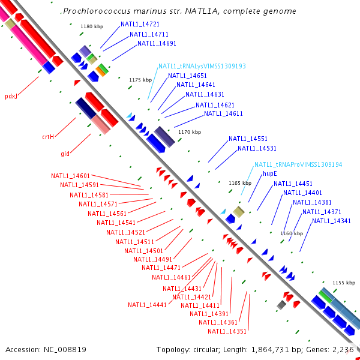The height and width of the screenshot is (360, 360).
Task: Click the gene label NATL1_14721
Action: (140, 25)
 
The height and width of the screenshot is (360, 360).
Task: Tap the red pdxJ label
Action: (11, 96)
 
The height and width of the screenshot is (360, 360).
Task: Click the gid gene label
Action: (65, 154)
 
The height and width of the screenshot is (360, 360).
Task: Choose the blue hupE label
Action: (269, 173)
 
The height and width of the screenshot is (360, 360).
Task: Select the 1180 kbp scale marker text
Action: (92, 26)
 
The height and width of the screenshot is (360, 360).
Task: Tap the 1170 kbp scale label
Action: (189, 132)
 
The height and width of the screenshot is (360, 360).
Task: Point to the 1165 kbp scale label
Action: (240, 182)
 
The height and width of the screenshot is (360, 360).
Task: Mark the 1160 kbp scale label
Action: (291, 233)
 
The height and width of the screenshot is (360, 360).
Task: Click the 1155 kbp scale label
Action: (344, 282)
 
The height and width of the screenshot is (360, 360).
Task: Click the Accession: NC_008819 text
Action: (46, 349)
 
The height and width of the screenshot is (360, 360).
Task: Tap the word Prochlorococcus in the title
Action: (96, 11)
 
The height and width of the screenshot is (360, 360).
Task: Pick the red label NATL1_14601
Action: (70, 176)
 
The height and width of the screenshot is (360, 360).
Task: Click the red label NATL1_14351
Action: (227, 331)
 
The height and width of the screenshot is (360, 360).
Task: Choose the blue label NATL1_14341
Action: (331, 221)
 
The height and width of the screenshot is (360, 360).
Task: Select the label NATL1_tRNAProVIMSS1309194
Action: (298, 164)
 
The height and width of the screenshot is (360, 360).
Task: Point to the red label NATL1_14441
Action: (147, 305)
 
